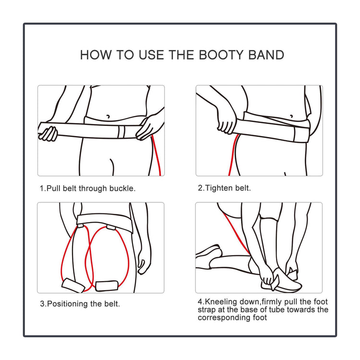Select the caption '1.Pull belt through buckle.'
[x=87, y=188]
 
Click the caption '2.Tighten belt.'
[x=224, y=188]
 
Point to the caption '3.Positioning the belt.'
[x=80, y=304]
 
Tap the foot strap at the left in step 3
[x=72, y=284]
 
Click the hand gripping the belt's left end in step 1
[x=48, y=133]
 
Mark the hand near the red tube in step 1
[x=149, y=126]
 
